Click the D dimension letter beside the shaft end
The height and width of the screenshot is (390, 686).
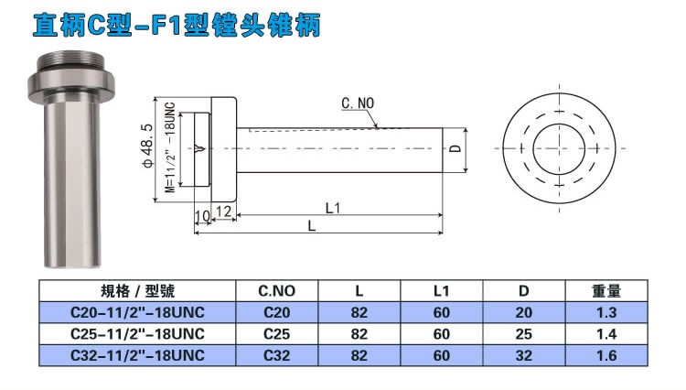point(453,148)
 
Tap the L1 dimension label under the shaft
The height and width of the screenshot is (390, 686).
point(333,208)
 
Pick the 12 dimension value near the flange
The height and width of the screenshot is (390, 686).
point(225,212)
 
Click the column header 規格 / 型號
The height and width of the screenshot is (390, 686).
point(137,292)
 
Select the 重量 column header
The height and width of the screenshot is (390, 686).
point(606,292)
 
